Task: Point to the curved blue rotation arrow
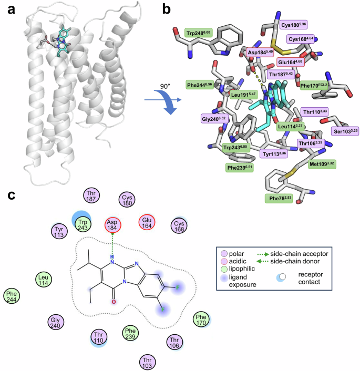click(164, 100)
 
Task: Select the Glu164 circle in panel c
click(148, 223)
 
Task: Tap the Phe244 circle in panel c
click(13, 296)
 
